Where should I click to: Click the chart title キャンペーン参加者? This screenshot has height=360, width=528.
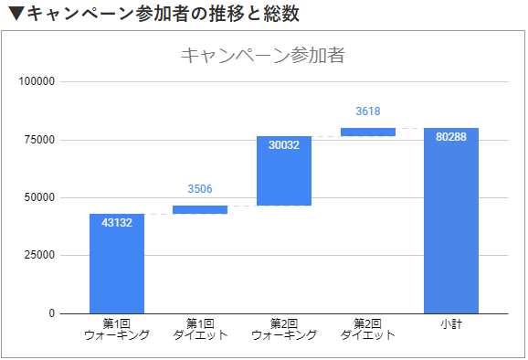pyautogui.click(x=262, y=55)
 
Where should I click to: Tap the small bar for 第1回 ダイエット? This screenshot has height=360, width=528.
pyautogui.click(x=200, y=209)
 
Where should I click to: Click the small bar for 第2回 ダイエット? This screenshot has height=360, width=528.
pyautogui.click(x=367, y=132)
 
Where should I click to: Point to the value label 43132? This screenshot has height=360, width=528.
pyautogui.click(x=117, y=223)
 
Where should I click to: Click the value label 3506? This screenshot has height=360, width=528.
pyautogui.click(x=200, y=189)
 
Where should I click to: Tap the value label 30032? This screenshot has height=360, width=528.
pyautogui.click(x=284, y=144)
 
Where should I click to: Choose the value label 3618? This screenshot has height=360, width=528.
pyautogui.click(x=367, y=111)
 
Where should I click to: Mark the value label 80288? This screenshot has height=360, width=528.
pyautogui.click(x=451, y=137)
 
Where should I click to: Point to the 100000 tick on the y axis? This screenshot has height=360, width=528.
pyautogui.click(x=37, y=81)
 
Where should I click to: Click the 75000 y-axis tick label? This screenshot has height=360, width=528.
pyautogui.click(x=40, y=140)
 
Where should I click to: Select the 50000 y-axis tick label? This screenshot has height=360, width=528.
pyautogui.click(x=40, y=197)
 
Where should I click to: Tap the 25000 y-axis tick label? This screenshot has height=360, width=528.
pyautogui.click(x=40, y=256)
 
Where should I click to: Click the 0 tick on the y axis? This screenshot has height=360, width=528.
pyautogui.click(x=52, y=313)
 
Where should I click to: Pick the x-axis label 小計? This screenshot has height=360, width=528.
pyautogui.click(x=451, y=323)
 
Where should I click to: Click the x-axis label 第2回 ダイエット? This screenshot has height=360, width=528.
pyautogui.click(x=367, y=329)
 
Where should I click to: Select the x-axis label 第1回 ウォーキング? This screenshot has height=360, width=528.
pyautogui.click(x=117, y=329)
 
